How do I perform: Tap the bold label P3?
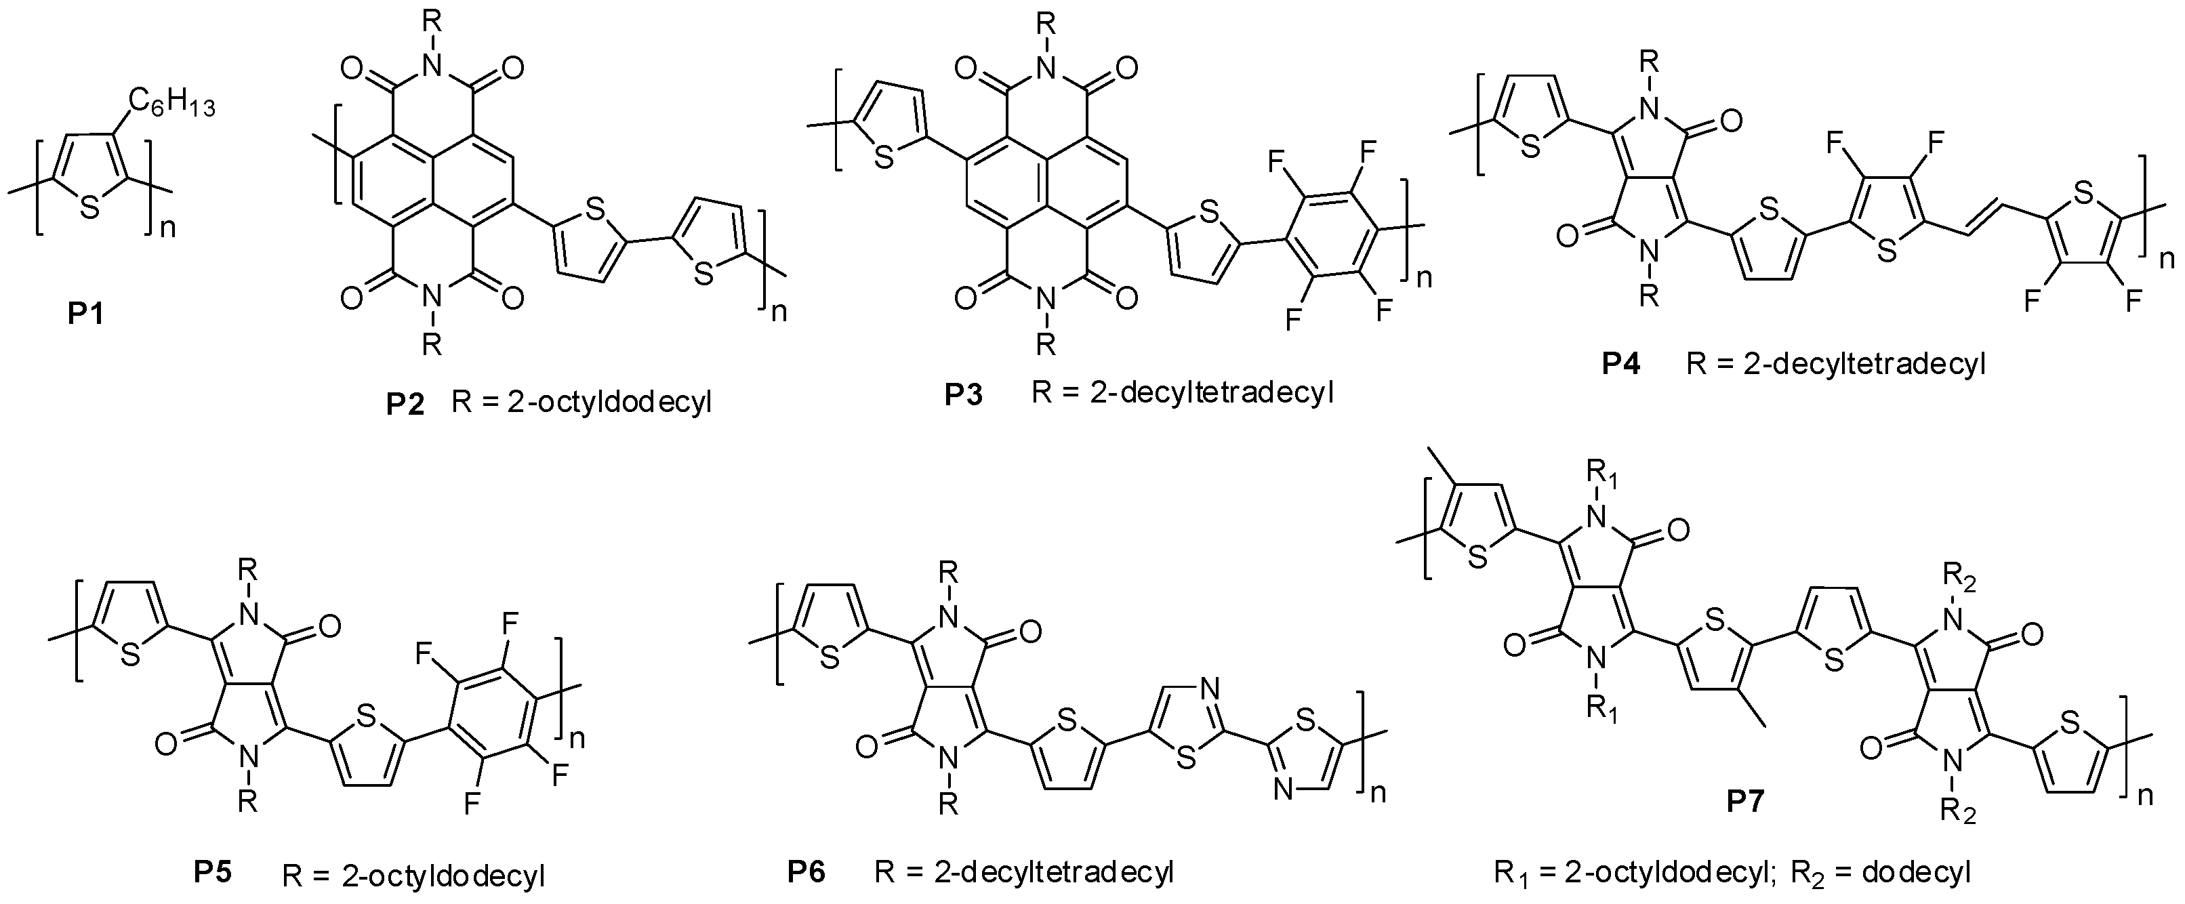point(964,395)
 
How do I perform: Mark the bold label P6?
point(806,871)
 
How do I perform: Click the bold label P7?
point(1746,802)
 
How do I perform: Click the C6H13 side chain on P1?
point(171,105)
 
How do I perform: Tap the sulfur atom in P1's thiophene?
point(91,208)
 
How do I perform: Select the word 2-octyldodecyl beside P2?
point(610,402)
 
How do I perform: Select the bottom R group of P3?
point(1046,344)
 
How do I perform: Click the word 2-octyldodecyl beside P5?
point(444,874)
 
